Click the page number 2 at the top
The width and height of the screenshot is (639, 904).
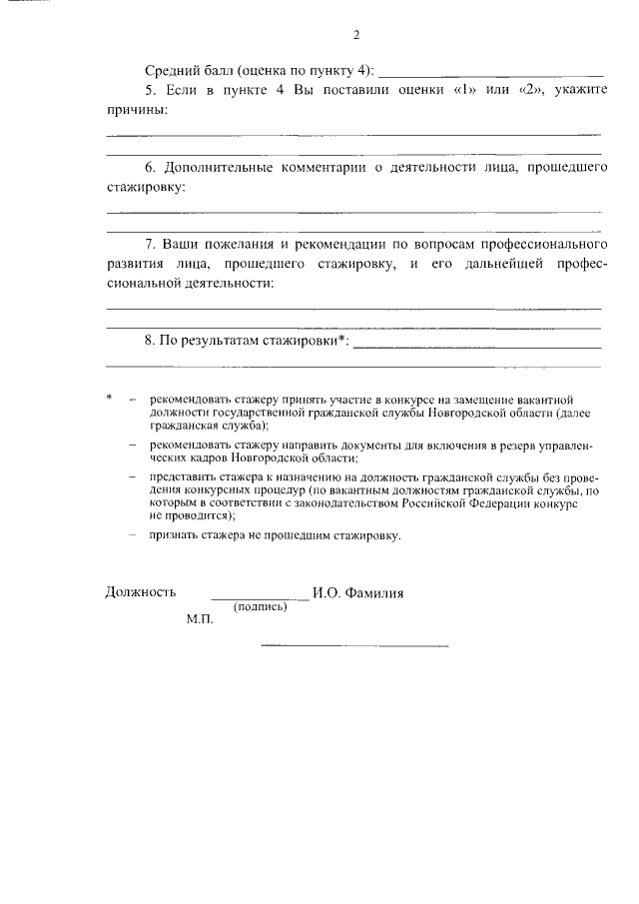click(355, 37)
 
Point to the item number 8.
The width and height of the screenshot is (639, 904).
click(151, 340)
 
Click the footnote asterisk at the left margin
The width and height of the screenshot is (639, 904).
click(109, 399)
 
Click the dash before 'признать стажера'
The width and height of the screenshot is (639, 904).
click(133, 535)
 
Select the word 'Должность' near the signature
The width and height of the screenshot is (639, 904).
click(141, 592)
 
